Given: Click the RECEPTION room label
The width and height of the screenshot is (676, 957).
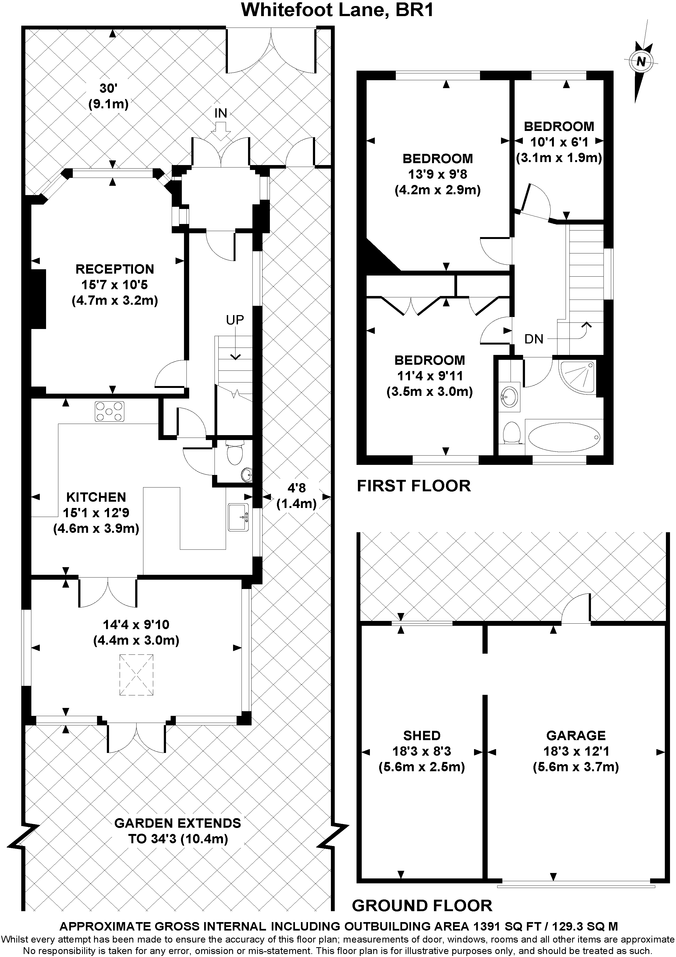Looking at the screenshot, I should pos(114,269).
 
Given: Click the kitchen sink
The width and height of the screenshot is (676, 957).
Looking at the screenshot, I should pos(238,517).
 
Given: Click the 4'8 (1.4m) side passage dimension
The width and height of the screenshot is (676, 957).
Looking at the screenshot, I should pos(297,496).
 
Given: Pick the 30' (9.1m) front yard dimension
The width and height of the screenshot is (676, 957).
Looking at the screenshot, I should pos(108,96).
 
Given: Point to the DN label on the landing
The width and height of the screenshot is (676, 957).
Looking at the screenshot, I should pos(534,339).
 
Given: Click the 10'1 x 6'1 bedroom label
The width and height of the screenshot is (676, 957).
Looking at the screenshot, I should pos(559,142).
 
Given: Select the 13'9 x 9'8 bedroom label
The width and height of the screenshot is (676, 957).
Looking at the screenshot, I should pos(437,174).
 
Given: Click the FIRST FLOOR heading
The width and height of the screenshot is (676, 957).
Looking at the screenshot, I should pos(414,486).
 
